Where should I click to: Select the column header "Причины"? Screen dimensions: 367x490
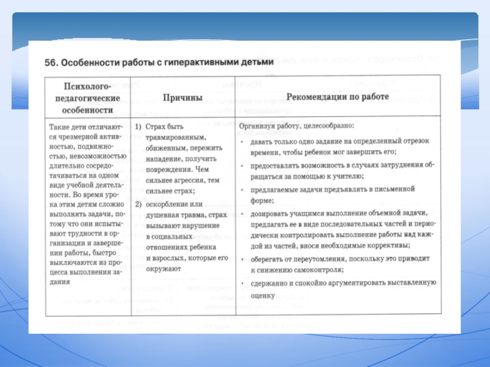tap(183, 98)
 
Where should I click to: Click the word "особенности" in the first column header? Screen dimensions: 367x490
tap(87, 110)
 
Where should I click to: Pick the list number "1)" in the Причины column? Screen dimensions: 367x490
tap(138, 126)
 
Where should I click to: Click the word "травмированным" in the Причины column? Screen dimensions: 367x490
tap(176, 137)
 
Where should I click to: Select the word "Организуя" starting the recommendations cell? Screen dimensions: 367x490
tap(257, 126)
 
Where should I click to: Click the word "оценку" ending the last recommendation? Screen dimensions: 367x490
tap(263, 295)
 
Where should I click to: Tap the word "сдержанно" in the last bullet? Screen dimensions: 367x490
tap(268, 284)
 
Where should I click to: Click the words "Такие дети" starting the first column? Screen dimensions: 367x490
tap(66, 127)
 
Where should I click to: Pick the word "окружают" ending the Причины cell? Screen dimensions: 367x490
tap(164, 269)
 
